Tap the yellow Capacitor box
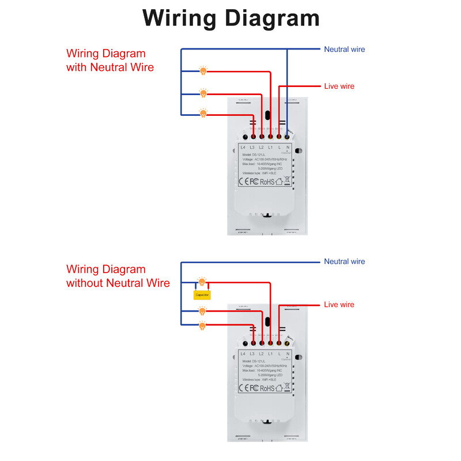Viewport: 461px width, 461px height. pos(202,294)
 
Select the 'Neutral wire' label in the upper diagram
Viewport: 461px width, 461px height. pos(344,50)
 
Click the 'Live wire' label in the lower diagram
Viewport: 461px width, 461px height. pos(339,304)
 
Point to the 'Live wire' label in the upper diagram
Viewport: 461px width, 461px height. pos(339,86)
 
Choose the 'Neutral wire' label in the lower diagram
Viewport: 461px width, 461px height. pos(344,262)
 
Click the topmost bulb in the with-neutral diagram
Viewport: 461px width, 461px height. pos(203,71)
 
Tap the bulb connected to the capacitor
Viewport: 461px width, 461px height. pos(202,281)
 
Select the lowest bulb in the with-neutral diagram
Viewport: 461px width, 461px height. pos(203,114)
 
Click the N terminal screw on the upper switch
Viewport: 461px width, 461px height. pos(287,137)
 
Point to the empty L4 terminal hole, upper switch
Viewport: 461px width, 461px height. pos(245,137)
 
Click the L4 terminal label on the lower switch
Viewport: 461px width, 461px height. pos(243,353)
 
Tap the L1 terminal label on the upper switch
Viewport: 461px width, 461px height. pos(270,148)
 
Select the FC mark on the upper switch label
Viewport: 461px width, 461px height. pos(254,182)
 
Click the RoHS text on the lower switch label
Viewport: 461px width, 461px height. pos(267,388)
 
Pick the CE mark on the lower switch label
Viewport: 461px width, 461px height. pos(243,388)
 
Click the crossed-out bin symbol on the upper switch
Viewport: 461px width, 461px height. pos(288,181)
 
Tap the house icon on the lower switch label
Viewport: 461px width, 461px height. pos(279,388)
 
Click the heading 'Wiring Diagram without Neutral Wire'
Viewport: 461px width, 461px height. pos(118,276)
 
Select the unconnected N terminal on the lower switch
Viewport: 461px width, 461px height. pos(287,343)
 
